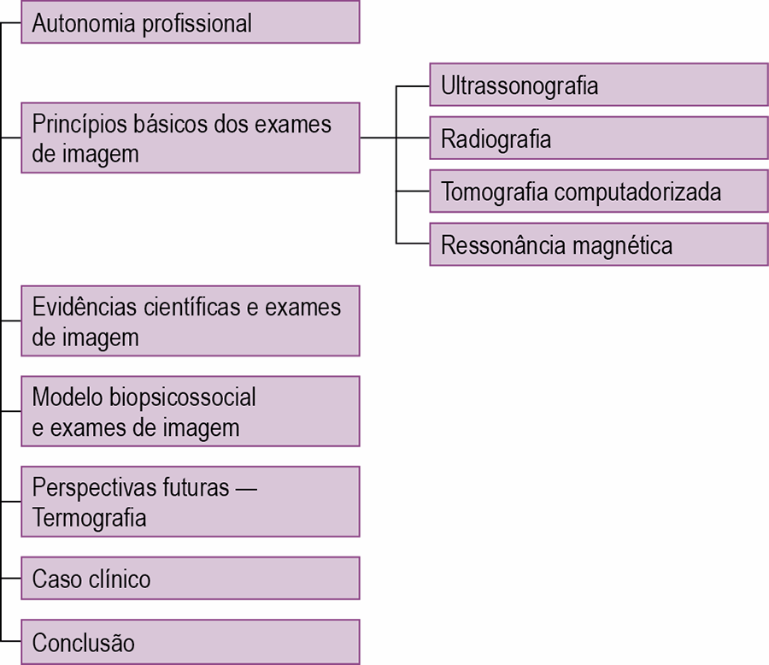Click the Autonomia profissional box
click(191, 22)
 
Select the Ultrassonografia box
click(599, 85)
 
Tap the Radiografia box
click(599, 138)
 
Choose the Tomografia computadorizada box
click(599, 191)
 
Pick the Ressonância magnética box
click(599, 244)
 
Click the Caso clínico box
click(191, 578)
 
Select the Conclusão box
click(191, 642)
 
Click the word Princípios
click(79, 125)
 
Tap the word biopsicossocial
click(182, 397)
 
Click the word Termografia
click(89, 518)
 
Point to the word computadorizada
click(637, 191)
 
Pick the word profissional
click(197, 24)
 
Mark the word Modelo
click(68, 397)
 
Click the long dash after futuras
click(246, 489)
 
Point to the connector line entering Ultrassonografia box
click(413, 86)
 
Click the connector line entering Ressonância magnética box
click(413, 243)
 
